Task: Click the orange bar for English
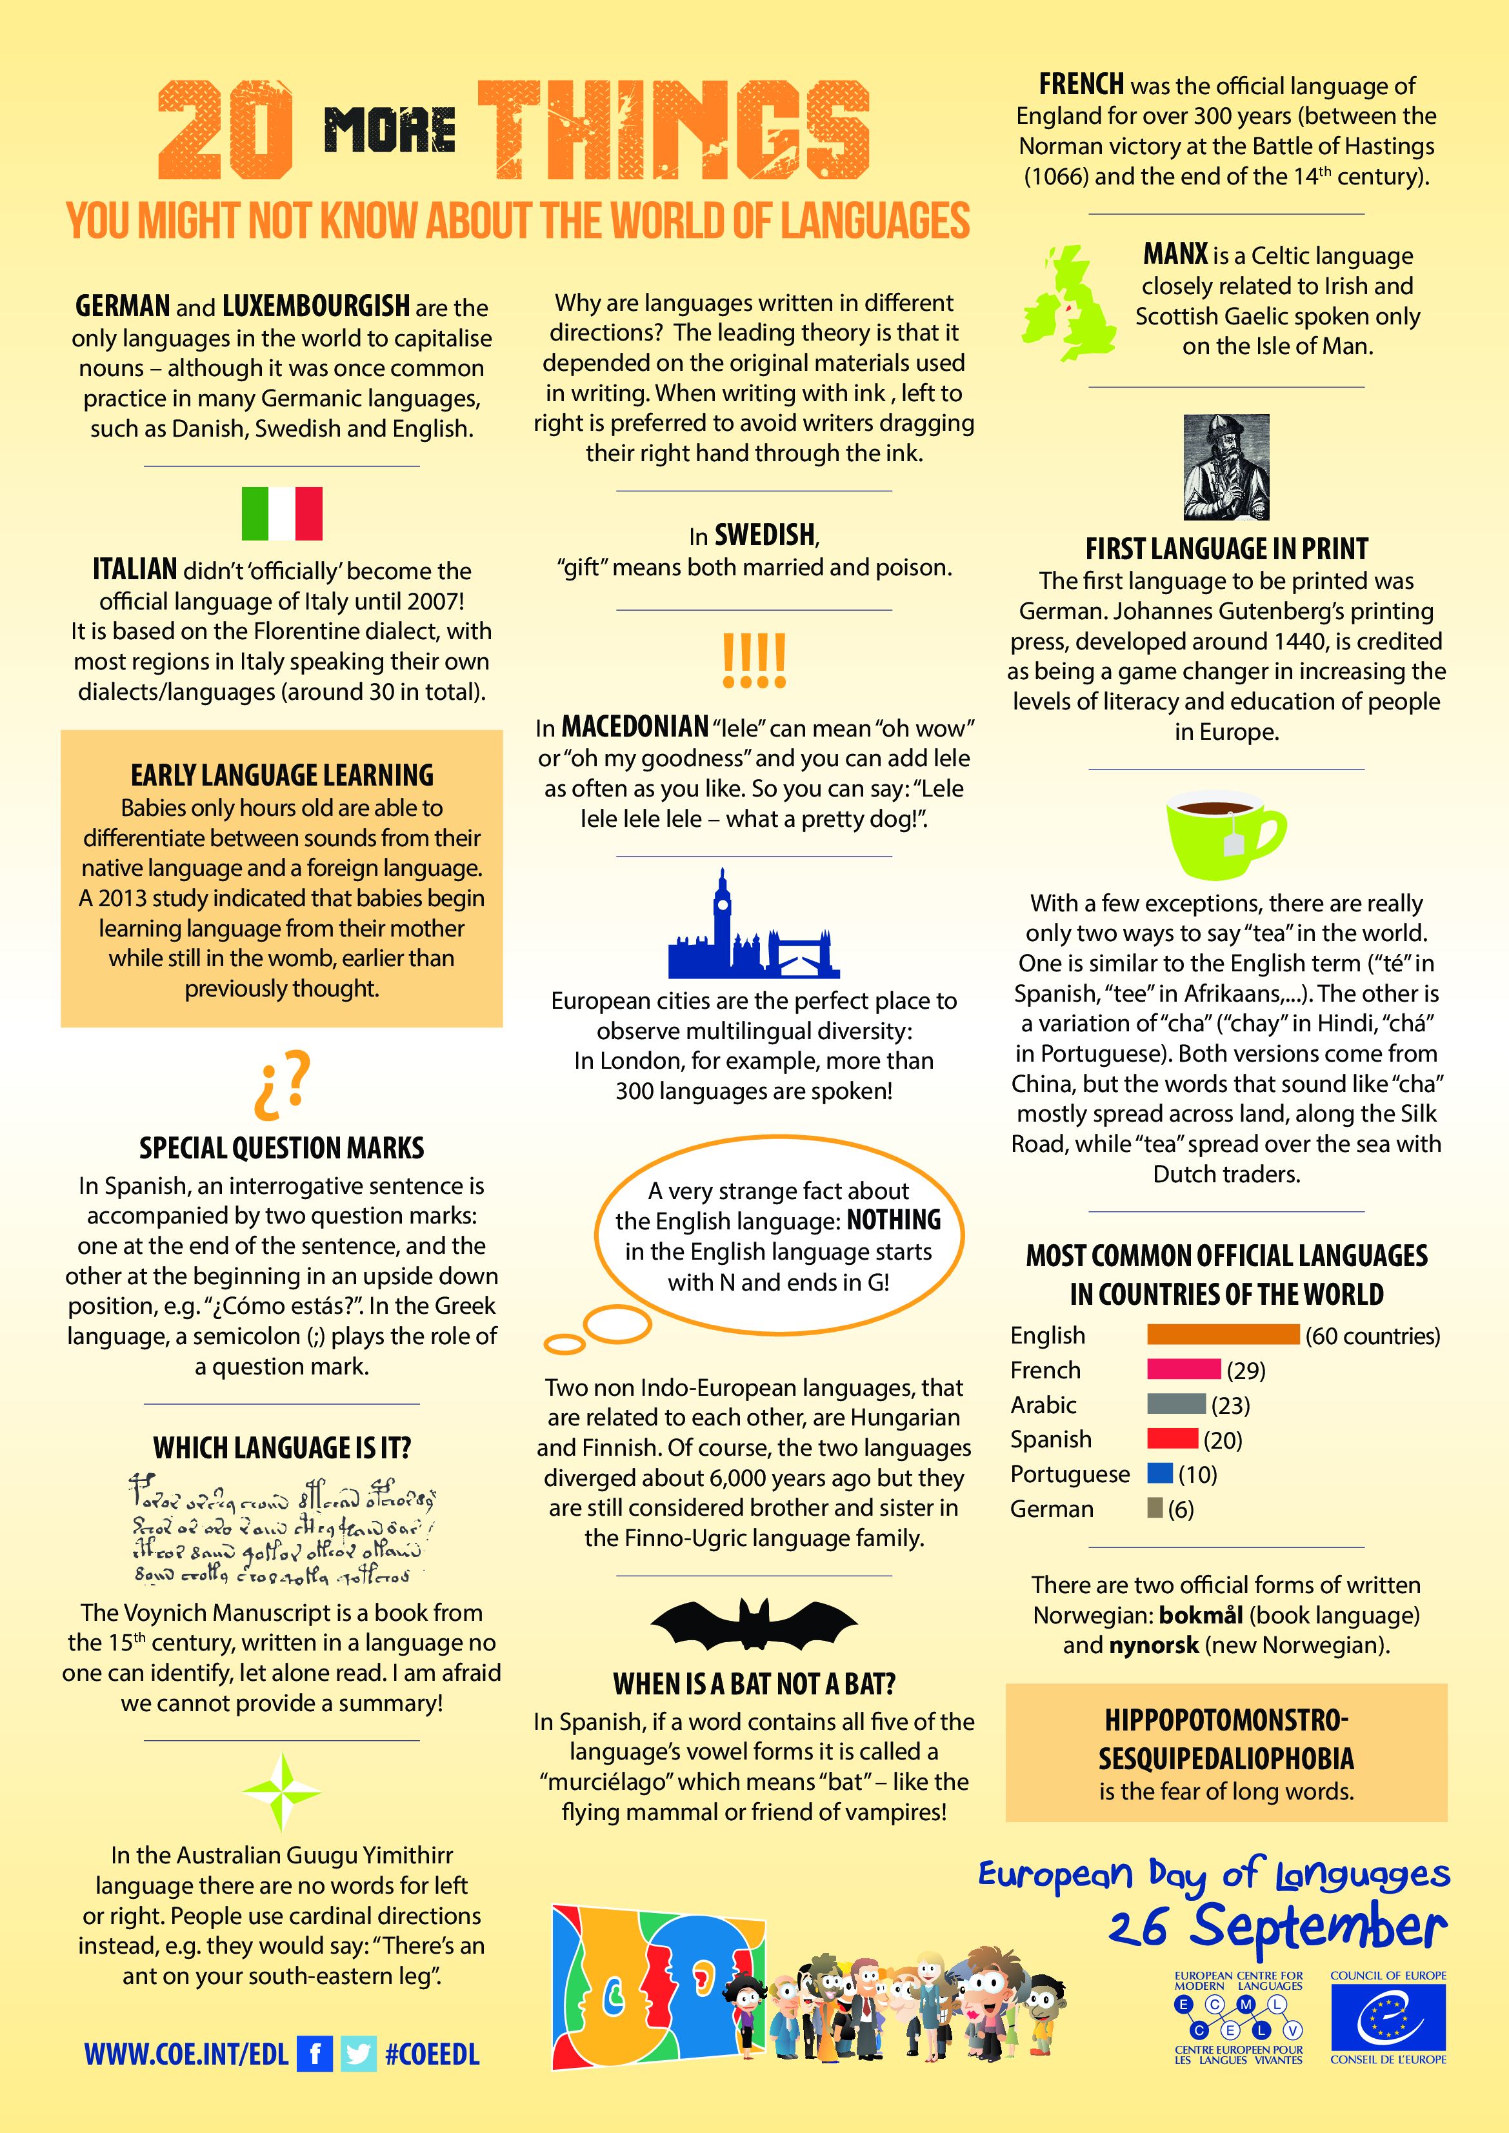pos(1222,1334)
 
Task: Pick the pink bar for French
pos(1183,1369)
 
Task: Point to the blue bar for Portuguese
pos(1159,1473)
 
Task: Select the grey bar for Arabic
pos(1175,1404)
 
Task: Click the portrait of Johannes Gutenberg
pos(1226,466)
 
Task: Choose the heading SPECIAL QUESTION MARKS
pos(281,1148)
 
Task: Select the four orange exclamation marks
pos(754,660)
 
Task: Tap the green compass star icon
pos(281,1792)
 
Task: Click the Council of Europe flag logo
pos(1388,2016)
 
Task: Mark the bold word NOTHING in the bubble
pos(894,1220)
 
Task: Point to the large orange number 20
pos(225,130)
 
